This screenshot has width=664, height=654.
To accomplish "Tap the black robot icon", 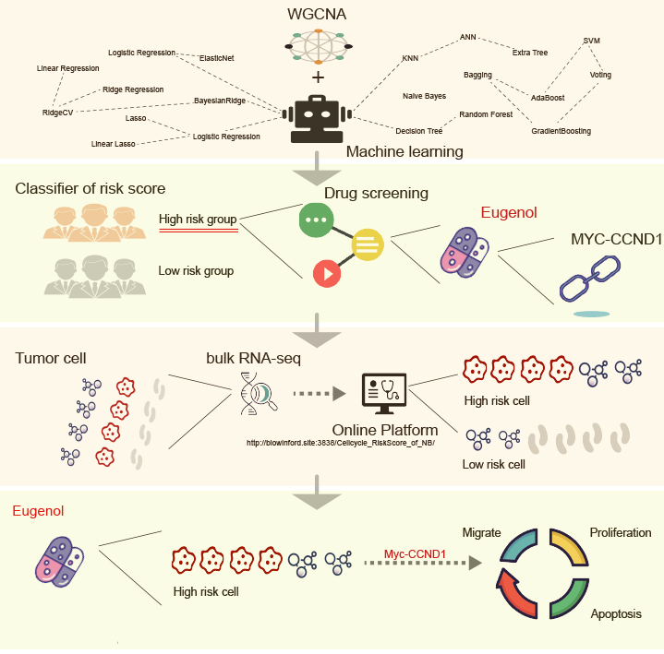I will [317, 119].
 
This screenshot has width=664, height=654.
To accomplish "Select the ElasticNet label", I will [217, 58].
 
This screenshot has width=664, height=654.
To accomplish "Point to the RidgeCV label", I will [56, 113].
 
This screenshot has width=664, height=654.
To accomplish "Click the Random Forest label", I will [486, 114].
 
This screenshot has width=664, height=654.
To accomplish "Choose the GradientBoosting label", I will [561, 131].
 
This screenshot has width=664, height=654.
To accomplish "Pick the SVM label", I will [592, 42].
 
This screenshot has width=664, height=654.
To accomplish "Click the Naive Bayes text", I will [425, 96].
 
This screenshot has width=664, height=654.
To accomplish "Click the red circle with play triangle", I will [327, 273].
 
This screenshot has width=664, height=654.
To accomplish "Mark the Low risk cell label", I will [493, 464].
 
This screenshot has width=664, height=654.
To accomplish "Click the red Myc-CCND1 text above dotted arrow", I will [415, 554].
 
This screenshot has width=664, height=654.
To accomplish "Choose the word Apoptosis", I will [615, 613].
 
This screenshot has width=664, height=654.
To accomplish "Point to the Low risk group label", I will [196, 271].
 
